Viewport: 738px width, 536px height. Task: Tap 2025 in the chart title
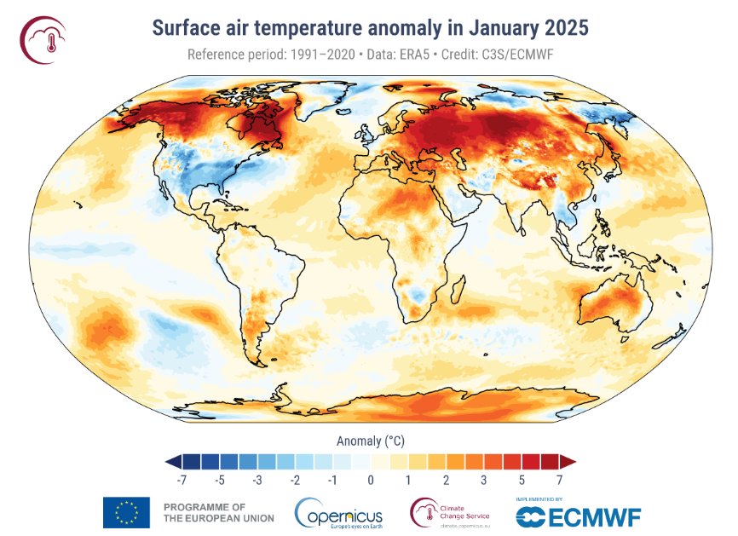(x=561, y=28)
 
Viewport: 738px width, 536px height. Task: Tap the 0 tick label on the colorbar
(x=371, y=481)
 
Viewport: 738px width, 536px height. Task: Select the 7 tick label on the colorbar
(x=559, y=481)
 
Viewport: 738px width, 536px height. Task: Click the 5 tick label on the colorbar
(x=522, y=481)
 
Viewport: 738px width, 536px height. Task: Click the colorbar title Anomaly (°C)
(x=371, y=441)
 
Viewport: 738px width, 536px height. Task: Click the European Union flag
(x=126, y=512)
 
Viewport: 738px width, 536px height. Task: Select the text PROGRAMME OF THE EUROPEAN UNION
(x=218, y=512)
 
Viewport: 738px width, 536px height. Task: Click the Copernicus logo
(x=339, y=513)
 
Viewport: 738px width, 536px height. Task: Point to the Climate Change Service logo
(x=451, y=513)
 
